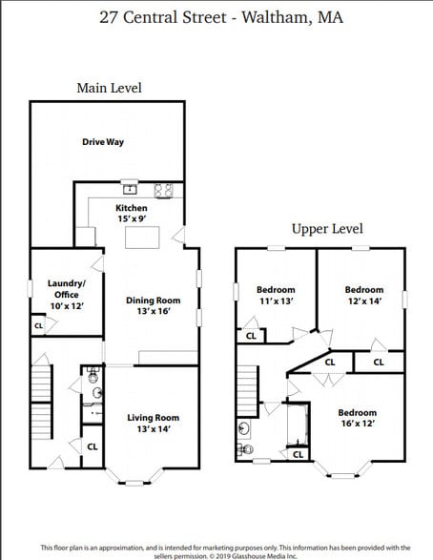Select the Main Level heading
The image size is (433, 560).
109,88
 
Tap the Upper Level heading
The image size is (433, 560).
327,229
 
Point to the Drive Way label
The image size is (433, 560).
103,142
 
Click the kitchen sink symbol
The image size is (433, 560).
130,188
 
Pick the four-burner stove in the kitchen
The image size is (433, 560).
163,189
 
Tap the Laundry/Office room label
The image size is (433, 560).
67,289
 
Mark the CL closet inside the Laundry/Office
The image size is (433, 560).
39,326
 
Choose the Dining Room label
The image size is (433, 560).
153,305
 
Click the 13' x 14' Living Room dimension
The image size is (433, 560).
153,429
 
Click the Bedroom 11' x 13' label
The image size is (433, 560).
276,295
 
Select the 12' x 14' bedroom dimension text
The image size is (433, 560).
364,301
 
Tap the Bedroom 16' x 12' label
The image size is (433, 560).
358,419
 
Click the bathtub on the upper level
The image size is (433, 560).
298,425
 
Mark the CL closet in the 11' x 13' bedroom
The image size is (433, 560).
251,335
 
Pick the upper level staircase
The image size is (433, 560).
248,390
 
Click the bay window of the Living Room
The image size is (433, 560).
134,474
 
